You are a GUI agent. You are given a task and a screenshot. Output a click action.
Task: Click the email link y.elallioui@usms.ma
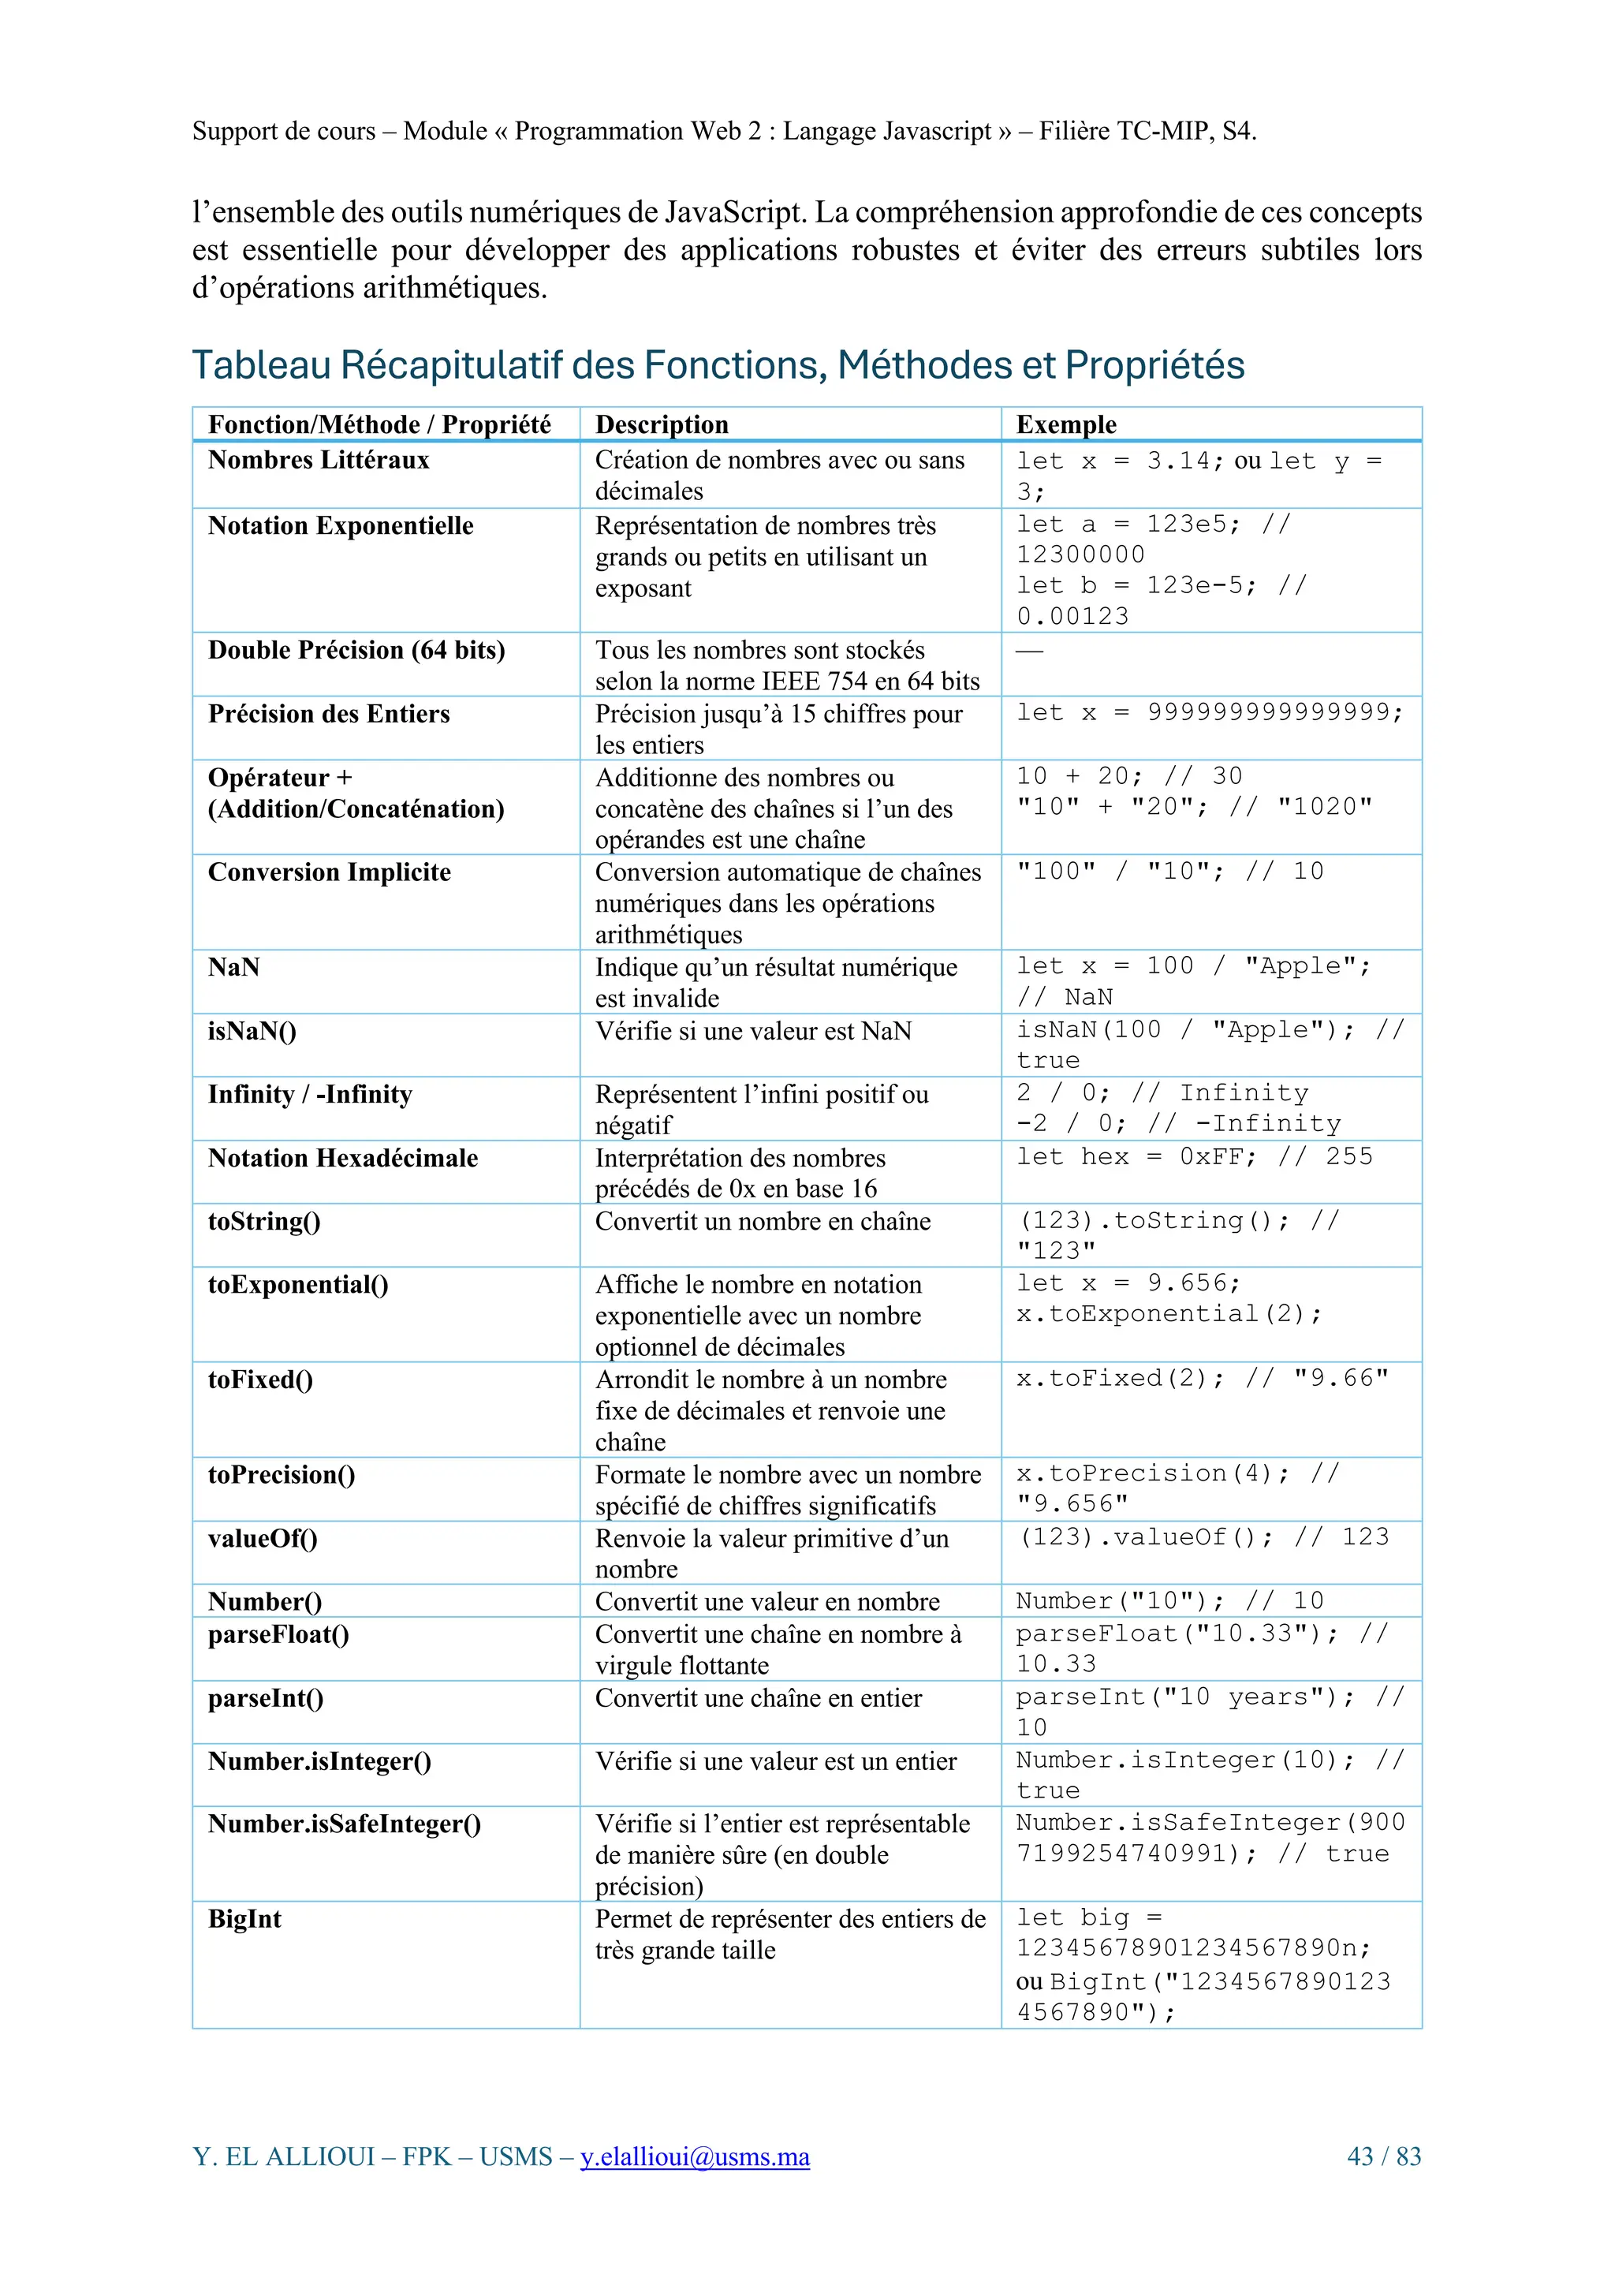click(x=695, y=2156)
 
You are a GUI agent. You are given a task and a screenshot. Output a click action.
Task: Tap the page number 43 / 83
click(x=1383, y=2156)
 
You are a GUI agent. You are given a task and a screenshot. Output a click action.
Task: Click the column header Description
click(x=662, y=425)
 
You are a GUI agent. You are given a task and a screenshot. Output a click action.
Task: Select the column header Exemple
click(x=1065, y=425)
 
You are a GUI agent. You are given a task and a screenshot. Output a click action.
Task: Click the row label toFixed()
click(x=261, y=1380)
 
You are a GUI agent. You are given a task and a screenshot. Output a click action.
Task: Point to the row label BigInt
click(x=244, y=1919)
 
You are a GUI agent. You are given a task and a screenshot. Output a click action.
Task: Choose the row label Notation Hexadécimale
click(x=343, y=1157)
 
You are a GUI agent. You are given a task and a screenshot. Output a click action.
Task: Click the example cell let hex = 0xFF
click(x=1194, y=1156)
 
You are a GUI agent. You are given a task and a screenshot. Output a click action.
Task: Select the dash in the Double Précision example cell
click(x=1029, y=651)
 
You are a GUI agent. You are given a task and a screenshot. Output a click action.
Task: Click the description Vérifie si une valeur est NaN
click(x=753, y=1031)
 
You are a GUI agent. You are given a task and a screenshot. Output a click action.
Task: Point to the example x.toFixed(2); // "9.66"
click(x=1202, y=1379)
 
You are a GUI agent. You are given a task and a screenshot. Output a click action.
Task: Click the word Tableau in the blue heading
click(x=261, y=365)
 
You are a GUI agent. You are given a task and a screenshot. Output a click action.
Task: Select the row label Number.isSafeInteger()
click(x=345, y=1824)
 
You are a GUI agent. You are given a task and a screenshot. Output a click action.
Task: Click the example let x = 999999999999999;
click(x=1209, y=712)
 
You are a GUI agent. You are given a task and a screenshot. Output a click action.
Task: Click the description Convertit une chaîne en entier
click(x=759, y=1698)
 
